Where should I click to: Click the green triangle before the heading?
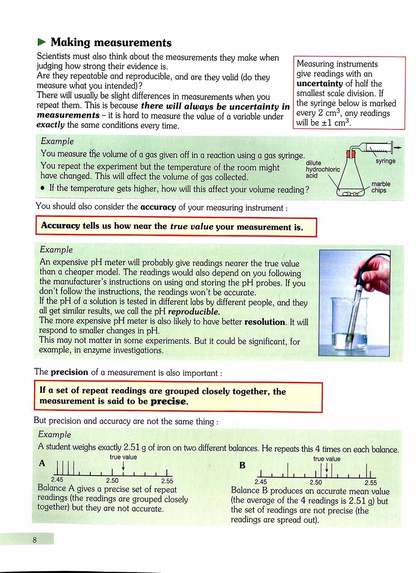point(41,42)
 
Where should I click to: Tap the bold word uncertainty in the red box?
point(319,84)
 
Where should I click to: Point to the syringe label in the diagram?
point(385,161)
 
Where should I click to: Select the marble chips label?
point(381,187)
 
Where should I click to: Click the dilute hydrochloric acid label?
point(322,169)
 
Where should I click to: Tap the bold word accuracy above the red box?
point(158,207)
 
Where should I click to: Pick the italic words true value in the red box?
point(192,227)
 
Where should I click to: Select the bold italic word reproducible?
point(194,312)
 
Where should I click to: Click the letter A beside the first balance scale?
point(42,463)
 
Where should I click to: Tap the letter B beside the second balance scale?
point(243,465)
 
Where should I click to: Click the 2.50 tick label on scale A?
point(112,481)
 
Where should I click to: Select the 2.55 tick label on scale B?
point(370,483)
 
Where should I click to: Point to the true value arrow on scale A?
point(124,467)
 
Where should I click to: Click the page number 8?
point(35,540)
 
